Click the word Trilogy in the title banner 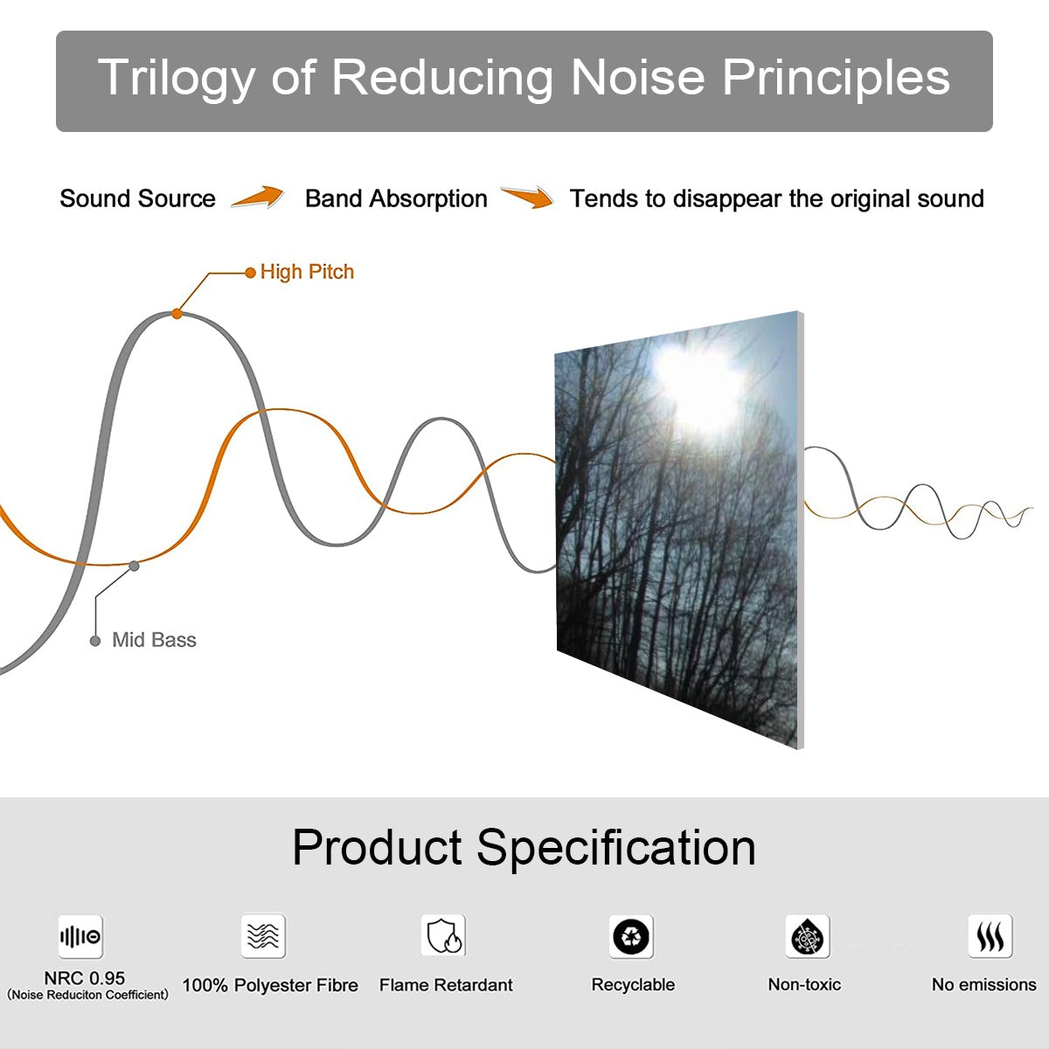click(175, 79)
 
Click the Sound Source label click(137, 198)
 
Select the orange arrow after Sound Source click(258, 198)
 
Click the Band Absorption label click(396, 198)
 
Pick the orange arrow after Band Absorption click(527, 198)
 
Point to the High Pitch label click(307, 272)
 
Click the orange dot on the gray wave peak click(177, 313)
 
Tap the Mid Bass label click(154, 640)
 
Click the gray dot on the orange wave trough click(134, 566)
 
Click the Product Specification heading click(524, 847)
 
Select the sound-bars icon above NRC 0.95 click(80, 937)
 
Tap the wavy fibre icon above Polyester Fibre click(263, 936)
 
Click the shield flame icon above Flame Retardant click(443, 936)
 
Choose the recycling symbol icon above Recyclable click(631, 936)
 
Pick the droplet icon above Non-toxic click(807, 937)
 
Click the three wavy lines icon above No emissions click(990, 936)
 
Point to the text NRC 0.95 click(85, 978)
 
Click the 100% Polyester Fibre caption click(270, 985)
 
